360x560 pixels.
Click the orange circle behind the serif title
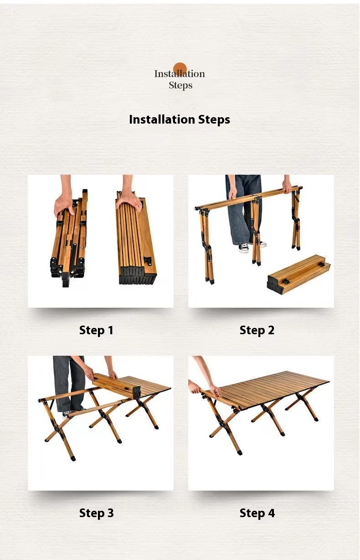pos(180,69)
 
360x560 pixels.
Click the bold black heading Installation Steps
pos(180,119)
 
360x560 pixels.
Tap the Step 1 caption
pos(96,330)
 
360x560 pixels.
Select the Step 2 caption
pos(257,330)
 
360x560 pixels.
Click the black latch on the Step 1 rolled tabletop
pos(148,261)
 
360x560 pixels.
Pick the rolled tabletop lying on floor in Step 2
pos(299,274)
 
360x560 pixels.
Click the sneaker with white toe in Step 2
pos(244,248)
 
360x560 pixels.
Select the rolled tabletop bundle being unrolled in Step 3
pos(117,384)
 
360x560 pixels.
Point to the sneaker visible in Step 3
pos(67,414)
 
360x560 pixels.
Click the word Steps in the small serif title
pos(180,85)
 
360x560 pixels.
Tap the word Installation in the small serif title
pos(180,74)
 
